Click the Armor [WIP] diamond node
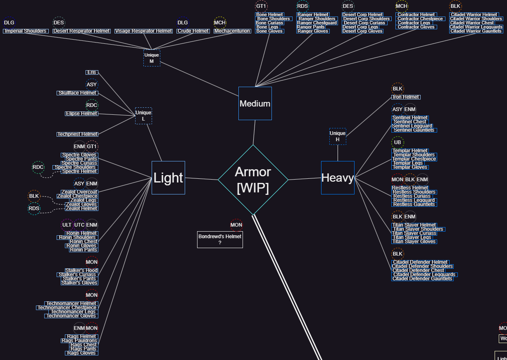253,180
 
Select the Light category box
168,178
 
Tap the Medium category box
255,103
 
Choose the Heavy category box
338,178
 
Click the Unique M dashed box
152,58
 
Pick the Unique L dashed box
143,116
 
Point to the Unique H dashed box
338,136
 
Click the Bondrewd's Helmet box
220,239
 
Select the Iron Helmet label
406,97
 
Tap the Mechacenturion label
232,31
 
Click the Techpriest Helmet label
78,134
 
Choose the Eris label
92,72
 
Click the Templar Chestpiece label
414,159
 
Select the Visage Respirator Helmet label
143,31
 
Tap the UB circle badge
398,142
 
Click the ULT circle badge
67,225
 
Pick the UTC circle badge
79,225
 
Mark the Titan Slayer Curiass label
414,233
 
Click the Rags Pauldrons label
79,341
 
